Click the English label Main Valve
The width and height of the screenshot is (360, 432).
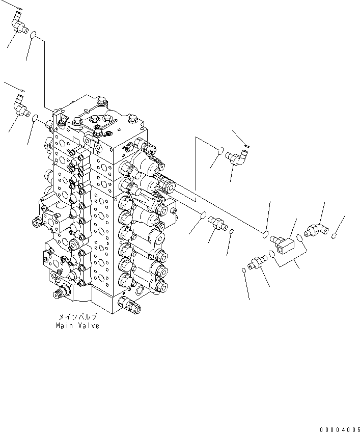[x=78, y=326]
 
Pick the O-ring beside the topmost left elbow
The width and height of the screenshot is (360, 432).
[x=33, y=36]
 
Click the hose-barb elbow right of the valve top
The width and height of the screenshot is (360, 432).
[x=236, y=158]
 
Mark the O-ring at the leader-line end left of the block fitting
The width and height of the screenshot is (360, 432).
[x=265, y=234]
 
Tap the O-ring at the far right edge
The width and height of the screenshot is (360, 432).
[x=334, y=236]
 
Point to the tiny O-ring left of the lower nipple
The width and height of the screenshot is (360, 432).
[x=243, y=270]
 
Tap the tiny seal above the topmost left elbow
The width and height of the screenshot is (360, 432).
[x=19, y=8]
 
